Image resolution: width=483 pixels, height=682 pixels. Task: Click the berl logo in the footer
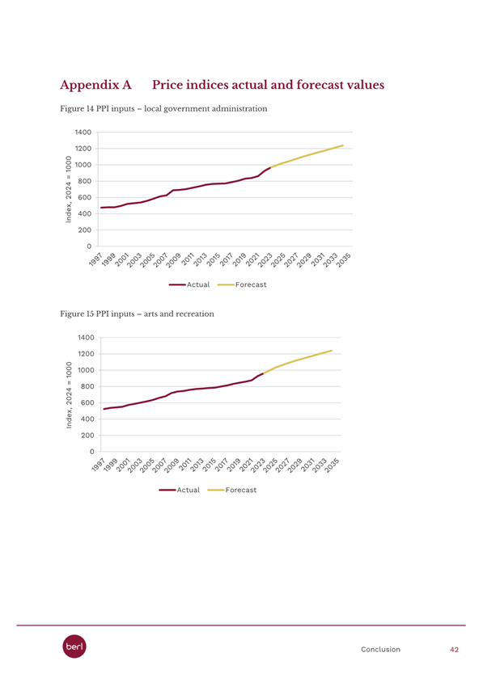click(x=74, y=646)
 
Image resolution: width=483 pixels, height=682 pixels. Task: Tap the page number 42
click(x=454, y=650)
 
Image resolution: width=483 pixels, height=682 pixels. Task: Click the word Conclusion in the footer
click(x=380, y=650)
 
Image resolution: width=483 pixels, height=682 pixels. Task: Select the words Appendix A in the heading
click(x=95, y=85)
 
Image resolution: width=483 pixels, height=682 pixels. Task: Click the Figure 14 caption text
click(x=163, y=109)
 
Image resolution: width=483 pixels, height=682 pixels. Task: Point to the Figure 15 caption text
click(x=138, y=314)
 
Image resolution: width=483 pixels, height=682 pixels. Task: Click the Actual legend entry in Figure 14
click(x=189, y=285)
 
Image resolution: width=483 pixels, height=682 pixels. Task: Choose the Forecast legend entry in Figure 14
click(x=242, y=285)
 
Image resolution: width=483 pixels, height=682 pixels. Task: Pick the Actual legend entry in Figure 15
click(x=180, y=490)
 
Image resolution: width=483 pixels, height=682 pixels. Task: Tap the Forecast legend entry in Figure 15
click(x=232, y=490)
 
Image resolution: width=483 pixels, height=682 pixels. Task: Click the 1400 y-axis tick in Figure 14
click(x=84, y=133)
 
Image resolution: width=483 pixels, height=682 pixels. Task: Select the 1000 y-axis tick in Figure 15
click(x=87, y=370)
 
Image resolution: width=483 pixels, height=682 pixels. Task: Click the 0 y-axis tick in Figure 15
click(x=92, y=452)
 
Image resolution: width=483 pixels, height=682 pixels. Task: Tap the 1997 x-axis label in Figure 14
click(x=95, y=259)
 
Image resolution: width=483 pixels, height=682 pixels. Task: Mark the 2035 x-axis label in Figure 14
click(x=344, y=259)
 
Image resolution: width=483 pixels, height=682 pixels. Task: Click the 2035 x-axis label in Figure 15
click(x=333, y=465)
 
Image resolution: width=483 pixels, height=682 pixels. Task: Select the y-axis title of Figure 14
click(x=69, y=189)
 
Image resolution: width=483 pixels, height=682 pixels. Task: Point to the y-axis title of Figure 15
click(x=69, y=395)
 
